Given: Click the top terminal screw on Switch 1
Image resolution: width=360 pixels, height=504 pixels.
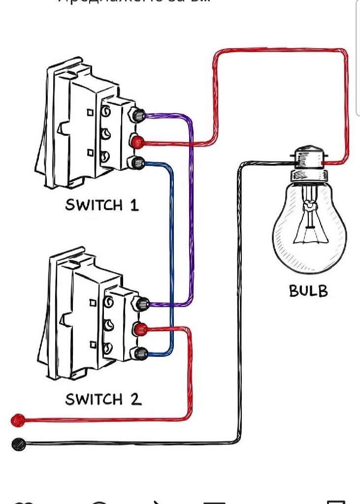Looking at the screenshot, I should pos(139,116).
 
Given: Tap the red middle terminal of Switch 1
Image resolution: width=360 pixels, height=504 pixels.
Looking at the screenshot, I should pos(137,143).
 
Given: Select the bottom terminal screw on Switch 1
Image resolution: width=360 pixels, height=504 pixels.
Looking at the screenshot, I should pos(139,162).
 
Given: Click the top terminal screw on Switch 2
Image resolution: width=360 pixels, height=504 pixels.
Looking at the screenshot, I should pos(143,304).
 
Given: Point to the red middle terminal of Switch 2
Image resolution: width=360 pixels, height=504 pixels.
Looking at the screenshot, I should pos(141,329).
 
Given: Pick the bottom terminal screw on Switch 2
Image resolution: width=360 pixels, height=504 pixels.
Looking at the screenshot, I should pos(142,352).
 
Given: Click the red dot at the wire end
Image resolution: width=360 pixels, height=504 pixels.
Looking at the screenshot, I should pos(18,420).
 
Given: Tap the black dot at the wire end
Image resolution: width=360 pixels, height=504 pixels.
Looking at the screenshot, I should pos(18,444).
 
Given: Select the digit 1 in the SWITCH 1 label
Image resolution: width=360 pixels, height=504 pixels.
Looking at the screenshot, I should pos(134,204).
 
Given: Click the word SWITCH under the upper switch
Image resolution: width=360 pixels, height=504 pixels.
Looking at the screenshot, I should pos(94,205).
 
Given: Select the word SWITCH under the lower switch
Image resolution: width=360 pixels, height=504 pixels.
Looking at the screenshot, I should pos(94,399).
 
